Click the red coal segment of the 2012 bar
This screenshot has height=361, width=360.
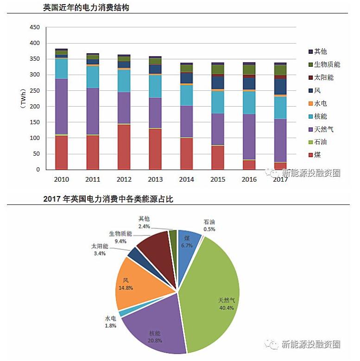pyautogui.click(x=124, y=147)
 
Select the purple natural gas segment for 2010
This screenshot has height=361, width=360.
pyautogui.click(x=61, y=106)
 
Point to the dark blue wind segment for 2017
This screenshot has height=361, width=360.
pyautogui.click(x=280, y=87)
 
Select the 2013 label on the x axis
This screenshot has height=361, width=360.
pyautogui.click(x=155, y=178)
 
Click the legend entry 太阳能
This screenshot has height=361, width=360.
pyautogui.click(x=324, y=77)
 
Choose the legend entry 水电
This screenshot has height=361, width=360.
pyautogui.click(x=321, y=103)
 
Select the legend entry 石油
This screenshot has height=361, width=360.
pyautogui.click(x=321, y=142)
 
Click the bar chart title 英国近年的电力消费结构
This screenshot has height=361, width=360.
pyautogui.click(x=86, y=8)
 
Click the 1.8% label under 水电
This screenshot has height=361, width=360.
pyautogui.click(x=110, y=325)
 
